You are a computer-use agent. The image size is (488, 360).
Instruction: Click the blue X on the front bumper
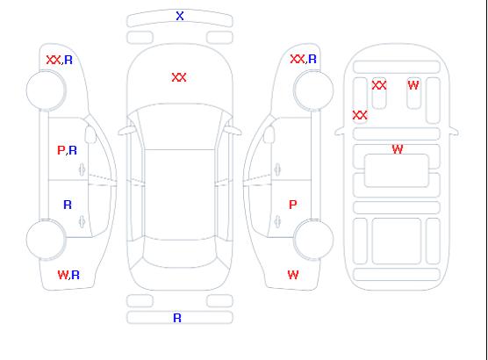[180, 16]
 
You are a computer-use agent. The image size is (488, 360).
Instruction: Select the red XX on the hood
[179, 77]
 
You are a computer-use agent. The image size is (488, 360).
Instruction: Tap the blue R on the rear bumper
[177, 318]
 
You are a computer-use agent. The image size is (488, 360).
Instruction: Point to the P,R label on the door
[68, 150]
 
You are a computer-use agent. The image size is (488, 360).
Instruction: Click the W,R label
[68, 275]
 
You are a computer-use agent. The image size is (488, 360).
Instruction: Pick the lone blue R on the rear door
[68, 205]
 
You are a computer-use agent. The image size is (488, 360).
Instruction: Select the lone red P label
[293, 205]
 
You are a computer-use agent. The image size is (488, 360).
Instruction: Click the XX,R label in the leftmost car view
[60, 60]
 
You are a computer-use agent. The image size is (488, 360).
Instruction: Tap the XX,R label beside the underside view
[303, 59]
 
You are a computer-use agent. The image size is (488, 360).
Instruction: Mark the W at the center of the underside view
[398, 149]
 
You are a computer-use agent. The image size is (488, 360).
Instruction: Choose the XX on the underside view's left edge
[360, 115]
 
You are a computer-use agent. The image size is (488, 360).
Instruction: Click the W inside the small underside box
[413, 84]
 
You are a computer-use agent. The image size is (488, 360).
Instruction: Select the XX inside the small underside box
[379, 85]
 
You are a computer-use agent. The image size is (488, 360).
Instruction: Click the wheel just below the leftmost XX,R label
[46, 90]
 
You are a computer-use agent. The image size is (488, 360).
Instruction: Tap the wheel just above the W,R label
[46, 240]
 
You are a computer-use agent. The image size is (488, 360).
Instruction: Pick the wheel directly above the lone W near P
[313, 240]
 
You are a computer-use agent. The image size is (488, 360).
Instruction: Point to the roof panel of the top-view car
[180, 195]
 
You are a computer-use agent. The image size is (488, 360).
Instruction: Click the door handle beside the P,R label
[82, 169]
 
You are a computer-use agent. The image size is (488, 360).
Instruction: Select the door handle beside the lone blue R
[82, 221]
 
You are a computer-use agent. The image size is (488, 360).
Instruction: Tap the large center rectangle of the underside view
[397, 170]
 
